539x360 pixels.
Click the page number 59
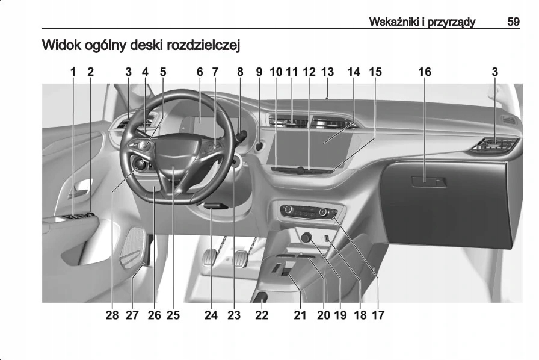click(513, 22)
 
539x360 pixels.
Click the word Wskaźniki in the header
click(389, 22)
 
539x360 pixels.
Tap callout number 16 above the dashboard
click(425, 72)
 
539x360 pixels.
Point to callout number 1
click(73, 72)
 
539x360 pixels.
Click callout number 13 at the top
click(327, 72)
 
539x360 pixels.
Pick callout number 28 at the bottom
click(112, 314)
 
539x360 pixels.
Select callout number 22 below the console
click(262, 314)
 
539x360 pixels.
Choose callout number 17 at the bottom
click(378, 314)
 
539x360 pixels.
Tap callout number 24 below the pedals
click(211, 314)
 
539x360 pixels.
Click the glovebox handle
click(428, 181)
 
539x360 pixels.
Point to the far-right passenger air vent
click(496, 144)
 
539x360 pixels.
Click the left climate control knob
click(289, 209)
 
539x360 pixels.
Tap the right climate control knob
click(323, 212)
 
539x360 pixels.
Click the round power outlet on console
click(307, 238)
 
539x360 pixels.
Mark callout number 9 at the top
click(259, 72)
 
